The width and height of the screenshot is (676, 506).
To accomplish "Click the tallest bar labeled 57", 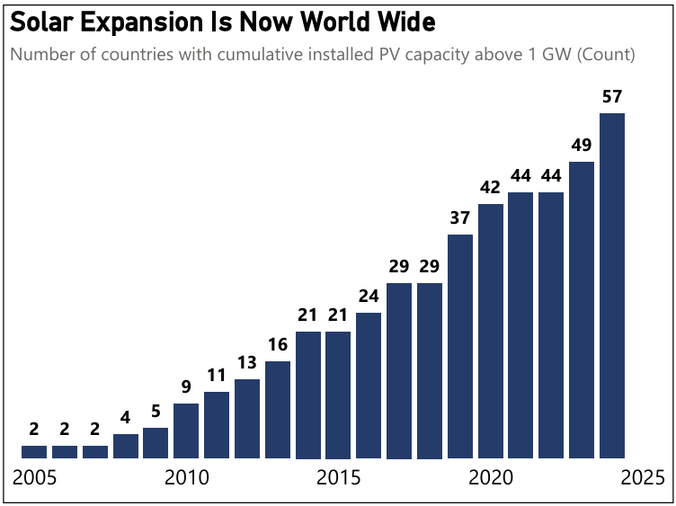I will [x=611, y=285].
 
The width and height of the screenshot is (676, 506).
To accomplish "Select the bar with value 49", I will [x=581, y=309].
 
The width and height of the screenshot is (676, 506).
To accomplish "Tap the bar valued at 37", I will [x=459, y=346].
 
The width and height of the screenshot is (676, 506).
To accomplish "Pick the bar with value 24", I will [x=369, y=385].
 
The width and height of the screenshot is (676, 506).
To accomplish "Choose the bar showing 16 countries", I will [x=278, y=409].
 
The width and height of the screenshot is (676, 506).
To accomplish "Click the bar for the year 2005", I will [x=34, y=451].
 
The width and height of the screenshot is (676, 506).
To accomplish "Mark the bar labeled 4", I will [x=126, y=445].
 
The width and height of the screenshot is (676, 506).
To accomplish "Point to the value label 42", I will [x=490, y=188].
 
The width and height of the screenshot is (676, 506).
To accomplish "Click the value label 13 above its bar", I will [x=247, y=363].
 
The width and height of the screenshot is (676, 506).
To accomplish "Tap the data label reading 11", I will [x=217, y=376].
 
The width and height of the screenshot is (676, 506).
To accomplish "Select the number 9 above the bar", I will [x=186, y=387].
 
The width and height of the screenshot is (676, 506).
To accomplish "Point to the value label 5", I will [x=156, y=412].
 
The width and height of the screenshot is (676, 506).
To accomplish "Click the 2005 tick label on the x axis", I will [x=34, y=476].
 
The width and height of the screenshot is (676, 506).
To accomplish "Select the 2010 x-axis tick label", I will [x=186, y=476].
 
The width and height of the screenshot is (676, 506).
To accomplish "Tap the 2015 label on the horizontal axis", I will [x=338, y=476].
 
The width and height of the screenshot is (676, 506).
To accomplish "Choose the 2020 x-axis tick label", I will [x=490, y=476].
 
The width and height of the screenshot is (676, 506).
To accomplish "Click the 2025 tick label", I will [x=642, y=476].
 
